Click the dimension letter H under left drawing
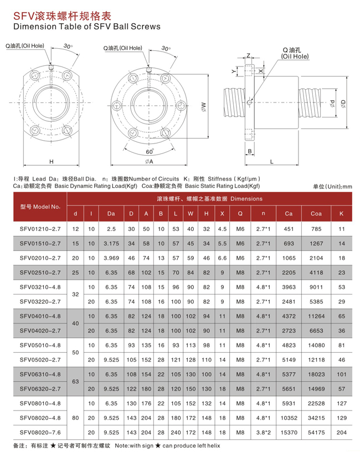pos(50,162)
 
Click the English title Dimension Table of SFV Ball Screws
pos(87,26)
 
